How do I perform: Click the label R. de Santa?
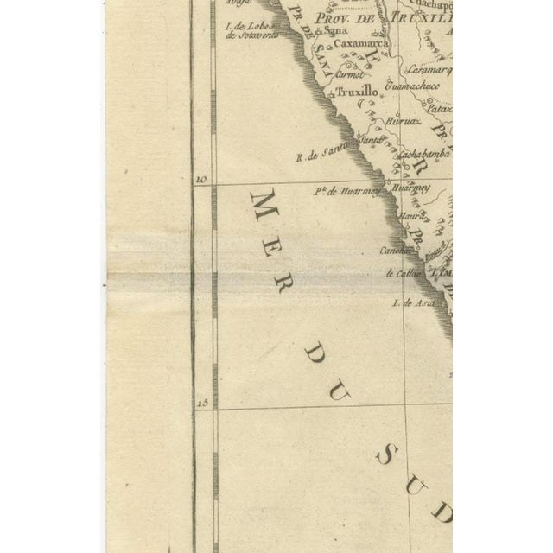pos(315,155)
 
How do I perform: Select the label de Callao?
pos(404,273)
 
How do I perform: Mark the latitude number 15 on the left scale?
pos(203,403)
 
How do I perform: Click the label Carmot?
pos(351,74)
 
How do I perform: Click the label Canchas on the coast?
pos(393,250)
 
